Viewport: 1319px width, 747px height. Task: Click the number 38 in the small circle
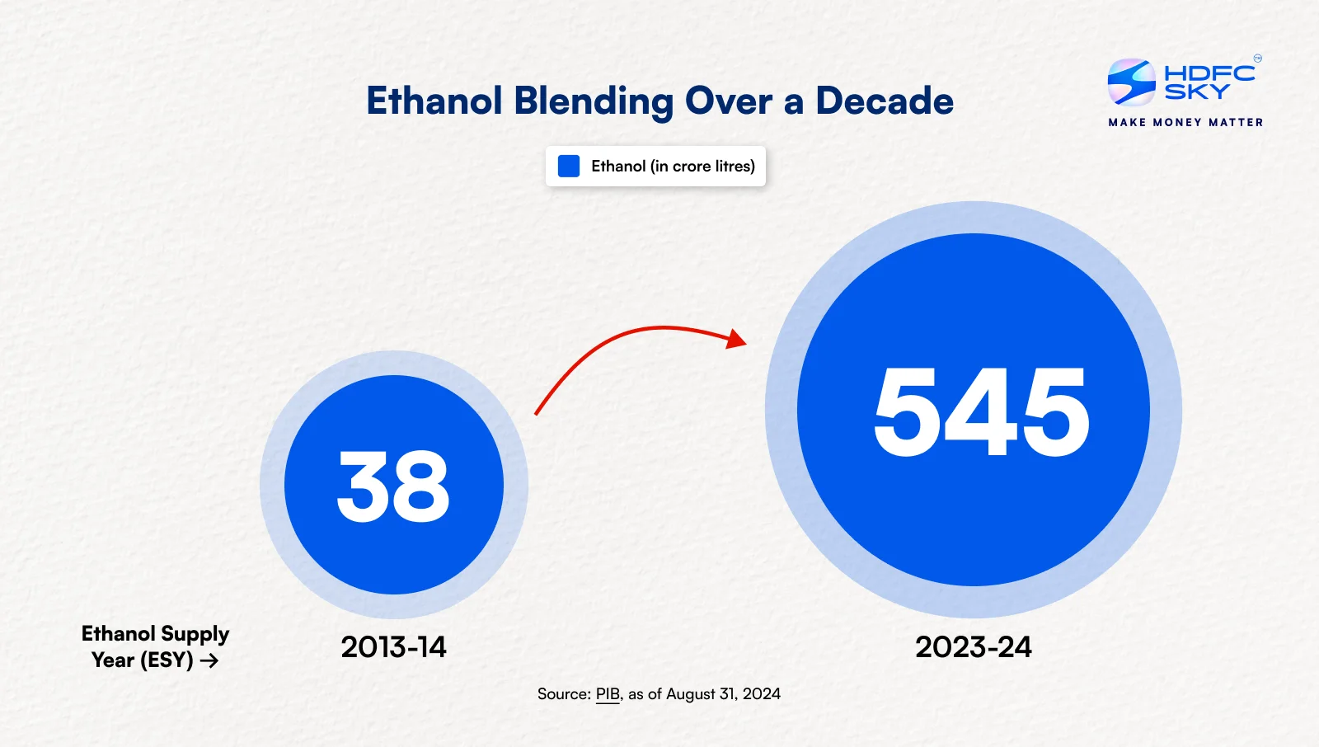click(393, 486)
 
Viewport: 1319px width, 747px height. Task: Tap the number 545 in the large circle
click(981, 411)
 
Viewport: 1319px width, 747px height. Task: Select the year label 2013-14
click(393, 647)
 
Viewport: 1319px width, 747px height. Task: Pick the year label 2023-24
click(973, 647)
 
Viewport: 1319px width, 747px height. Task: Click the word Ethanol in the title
click(434, 101)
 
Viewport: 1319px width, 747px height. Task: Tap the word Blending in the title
click(594, 101)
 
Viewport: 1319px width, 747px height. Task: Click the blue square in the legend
click(569, 166)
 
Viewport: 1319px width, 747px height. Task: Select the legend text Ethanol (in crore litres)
click(673, 166)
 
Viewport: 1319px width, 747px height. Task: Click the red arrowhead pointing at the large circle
click(735, 338)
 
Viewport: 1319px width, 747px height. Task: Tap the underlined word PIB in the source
click(608, 694)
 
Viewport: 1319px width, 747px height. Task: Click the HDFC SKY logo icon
click(1131, 82)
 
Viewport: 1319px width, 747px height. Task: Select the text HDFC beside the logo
click(1209, 73)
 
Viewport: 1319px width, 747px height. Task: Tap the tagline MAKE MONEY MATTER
click(1185, 122)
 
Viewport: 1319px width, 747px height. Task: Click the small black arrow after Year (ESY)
click(209, 660)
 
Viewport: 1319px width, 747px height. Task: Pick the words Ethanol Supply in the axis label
click(155, 633)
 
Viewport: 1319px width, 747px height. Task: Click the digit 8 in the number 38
click(423, 486)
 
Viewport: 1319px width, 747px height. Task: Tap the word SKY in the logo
click(1197, 92)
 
